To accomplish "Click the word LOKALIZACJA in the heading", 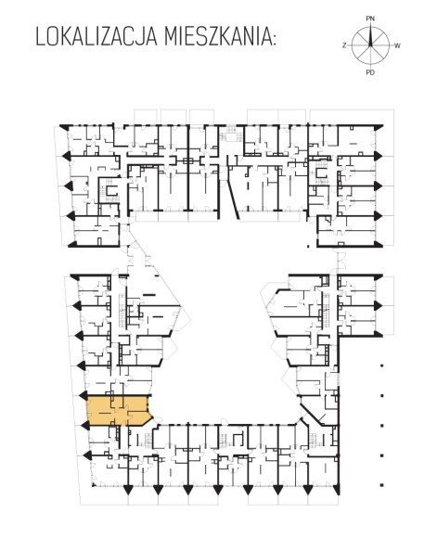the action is pos(96,37).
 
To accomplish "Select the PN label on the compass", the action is pos(370,19).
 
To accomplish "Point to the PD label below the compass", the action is pos(370,72).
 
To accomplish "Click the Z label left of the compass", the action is pos(344,45).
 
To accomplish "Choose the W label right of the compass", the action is pos(397,45).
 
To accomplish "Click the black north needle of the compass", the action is pos(370,36).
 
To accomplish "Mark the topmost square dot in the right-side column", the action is pos(381,365).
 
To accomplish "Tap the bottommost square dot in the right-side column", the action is pos(381,485).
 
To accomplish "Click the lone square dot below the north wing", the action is pos(308,246).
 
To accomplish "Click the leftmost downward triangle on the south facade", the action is pos(128,490).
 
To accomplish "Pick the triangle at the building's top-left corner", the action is pos(64,126).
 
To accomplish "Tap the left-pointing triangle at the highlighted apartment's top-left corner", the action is pos(84,395).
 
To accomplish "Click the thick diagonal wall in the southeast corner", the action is pos(312,415).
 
